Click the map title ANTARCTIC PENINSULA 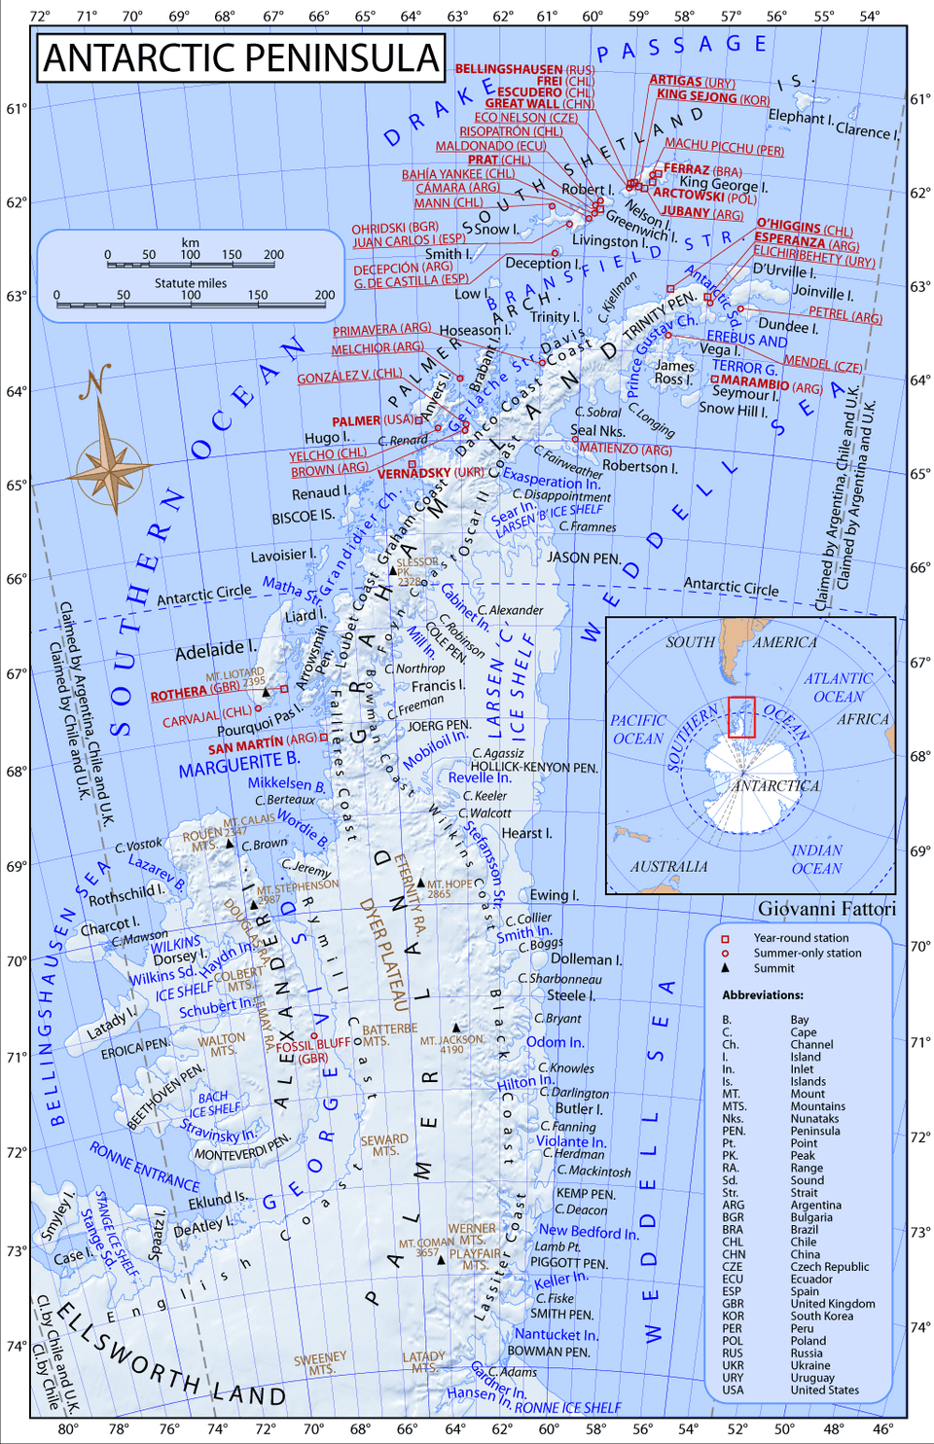[x=241, y=58]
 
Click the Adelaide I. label [x=215, y=649]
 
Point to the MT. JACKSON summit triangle [x=455, y=1028]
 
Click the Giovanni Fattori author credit [x=827, y=909]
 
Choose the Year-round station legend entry [x=801, y=938]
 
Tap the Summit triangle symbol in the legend [x=725, y=968]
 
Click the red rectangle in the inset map [x=741, y=717]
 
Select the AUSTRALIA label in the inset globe [x=668, y=866]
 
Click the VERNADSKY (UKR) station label [x=430, y=473]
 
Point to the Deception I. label [x=542, y=263]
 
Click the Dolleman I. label [x=587, y=959]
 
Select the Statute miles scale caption [x=191, y=283]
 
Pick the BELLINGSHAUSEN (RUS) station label [x=525, y=69]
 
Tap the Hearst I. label [x=526, y=833]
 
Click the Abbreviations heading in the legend [x=763, y=995]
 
